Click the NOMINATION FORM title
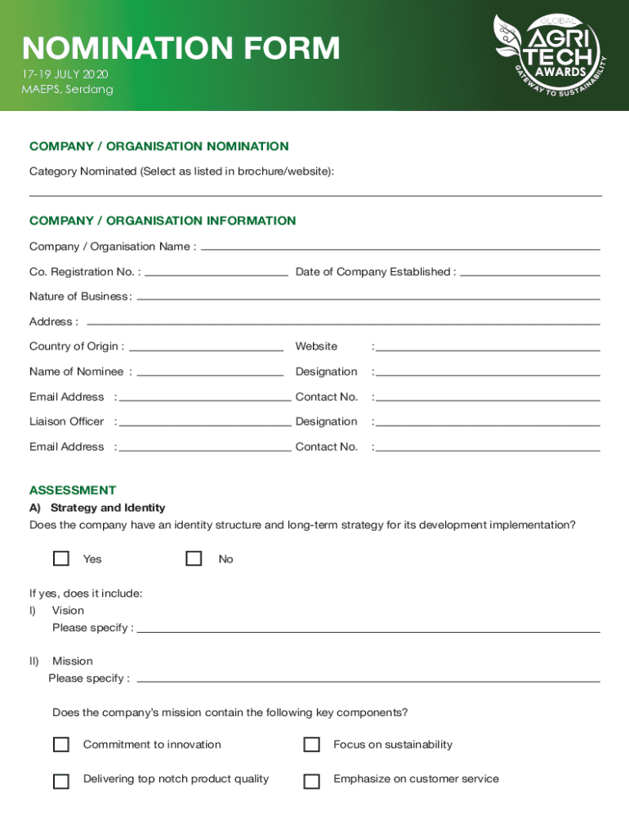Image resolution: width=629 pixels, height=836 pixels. point(181,49)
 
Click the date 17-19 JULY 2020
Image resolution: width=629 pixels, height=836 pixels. point(65,74)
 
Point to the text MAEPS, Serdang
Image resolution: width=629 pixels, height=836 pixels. point(67,89)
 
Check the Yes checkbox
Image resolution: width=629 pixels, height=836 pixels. point(61,558)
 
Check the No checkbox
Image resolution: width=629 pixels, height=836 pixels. point(194,558)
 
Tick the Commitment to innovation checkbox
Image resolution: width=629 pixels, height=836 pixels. point(61,745)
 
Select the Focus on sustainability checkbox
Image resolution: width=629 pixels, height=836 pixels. point(311,745)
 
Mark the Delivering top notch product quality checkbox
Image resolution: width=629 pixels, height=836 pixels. point(61,781)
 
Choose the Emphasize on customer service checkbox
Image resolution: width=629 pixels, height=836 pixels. point(311,781)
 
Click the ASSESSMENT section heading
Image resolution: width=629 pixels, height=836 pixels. point(73,491)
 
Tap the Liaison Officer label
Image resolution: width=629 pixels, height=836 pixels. point(66,421)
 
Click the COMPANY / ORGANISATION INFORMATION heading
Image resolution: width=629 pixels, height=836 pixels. point(163,220)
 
